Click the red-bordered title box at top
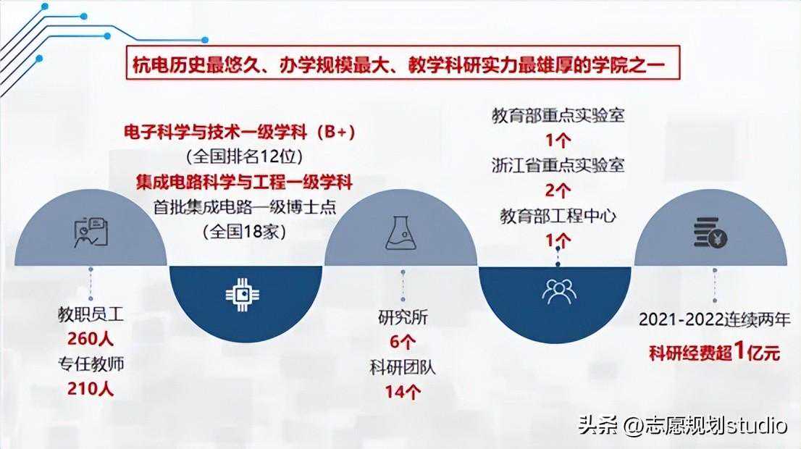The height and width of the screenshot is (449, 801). point(403,62)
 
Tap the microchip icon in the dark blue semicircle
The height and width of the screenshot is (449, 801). point(243,295)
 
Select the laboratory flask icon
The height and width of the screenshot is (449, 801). point(401,233)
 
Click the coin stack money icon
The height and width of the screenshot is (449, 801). point(710,233)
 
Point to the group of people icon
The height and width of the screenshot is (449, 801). point(558,292)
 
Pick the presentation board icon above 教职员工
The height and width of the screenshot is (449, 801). point(91,233)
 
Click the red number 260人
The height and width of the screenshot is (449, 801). point(91,338)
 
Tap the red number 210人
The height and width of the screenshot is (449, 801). point(91,388)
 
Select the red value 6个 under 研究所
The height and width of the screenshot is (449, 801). point(403,342)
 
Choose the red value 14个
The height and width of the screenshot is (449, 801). point(403,392)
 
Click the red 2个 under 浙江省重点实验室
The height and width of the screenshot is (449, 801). point(558,190)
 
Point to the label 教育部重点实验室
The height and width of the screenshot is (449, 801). point(558,115)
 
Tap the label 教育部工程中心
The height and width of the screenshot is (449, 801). point(558,216)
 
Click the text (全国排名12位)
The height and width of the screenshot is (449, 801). point(244,156)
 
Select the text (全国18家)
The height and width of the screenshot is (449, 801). point(244,232)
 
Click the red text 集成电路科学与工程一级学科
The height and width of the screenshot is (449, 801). point(244,182)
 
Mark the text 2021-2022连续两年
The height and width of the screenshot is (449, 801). point(714,320)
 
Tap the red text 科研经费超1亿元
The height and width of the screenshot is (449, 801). point(714,352)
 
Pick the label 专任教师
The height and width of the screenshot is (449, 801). point(91,364)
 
